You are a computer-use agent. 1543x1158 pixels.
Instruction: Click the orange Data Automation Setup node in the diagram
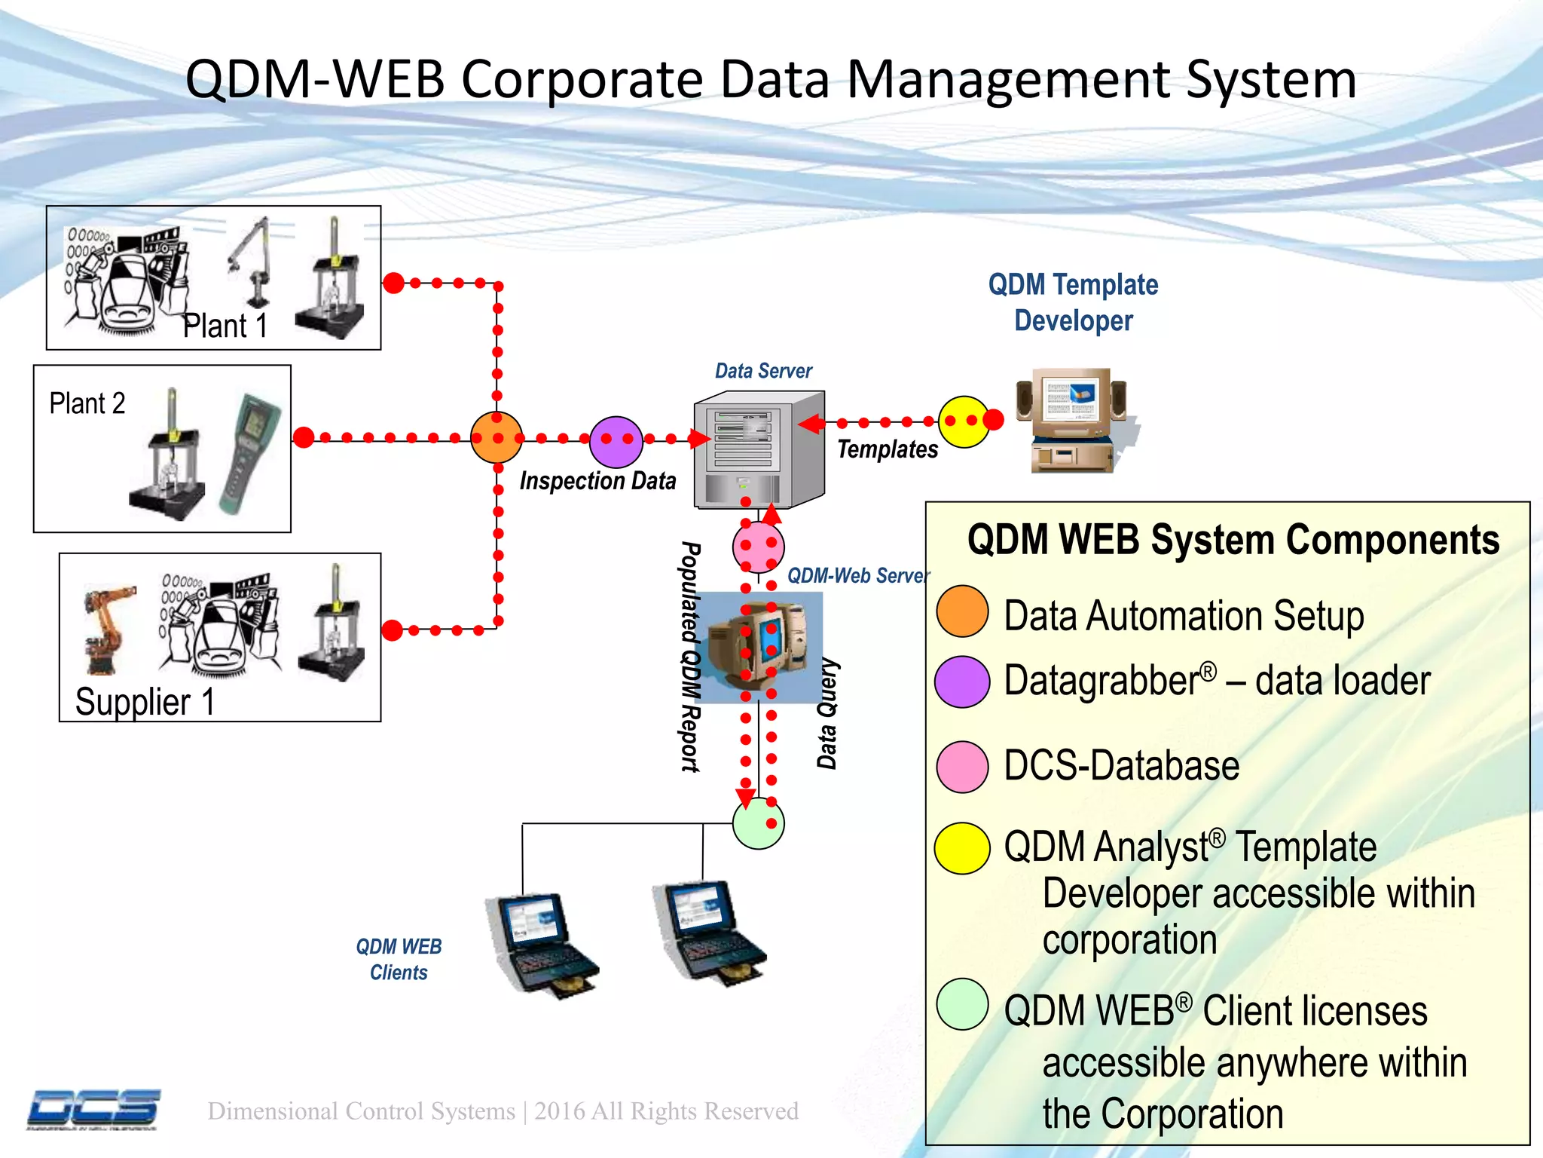point(497,437)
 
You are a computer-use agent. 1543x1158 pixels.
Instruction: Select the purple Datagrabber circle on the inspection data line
point(616,442)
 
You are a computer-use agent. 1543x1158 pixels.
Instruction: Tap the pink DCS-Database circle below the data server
point(758,547)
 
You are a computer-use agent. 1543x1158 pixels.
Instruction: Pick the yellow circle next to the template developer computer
point(964,422)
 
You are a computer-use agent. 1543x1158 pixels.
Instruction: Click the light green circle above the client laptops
point(758,823)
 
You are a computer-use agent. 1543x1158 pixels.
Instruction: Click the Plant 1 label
point(225,326)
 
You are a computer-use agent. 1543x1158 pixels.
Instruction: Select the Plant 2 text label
point(87,403)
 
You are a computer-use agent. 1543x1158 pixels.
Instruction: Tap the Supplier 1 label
point(145,702)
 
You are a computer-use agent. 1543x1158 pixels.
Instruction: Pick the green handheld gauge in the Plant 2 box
point(249,453)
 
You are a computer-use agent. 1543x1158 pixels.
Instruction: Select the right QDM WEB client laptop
point(708,933)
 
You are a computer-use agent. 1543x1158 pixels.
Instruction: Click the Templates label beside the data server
point(887,449)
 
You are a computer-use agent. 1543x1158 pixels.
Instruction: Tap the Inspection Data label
point(597,481)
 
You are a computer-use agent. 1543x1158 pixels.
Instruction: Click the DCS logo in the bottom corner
point(94,1109)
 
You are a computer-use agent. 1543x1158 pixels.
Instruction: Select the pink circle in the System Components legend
point(962,767)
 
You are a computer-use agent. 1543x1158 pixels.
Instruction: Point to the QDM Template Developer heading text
point(1073,302)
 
